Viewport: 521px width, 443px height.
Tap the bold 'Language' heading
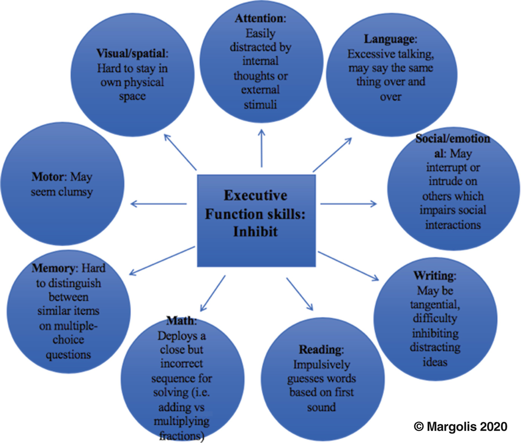(x=389, y=39)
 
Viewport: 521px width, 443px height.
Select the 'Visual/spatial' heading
(x=131, y=53)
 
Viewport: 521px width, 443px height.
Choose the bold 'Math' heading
(x=181, y=321)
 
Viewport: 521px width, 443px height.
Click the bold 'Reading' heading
(x=320, y=350)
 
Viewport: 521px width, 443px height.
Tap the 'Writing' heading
(x=434, y=276)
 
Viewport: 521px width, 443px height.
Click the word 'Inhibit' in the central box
(x=255, y=231)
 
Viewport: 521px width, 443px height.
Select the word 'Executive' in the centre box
(x=255, y=196)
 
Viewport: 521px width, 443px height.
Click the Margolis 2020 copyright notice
(x=460, y=426)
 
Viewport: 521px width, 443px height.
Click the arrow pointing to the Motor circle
(x=158, y=204)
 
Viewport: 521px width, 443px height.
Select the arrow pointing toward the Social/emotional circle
(x=348, y=204)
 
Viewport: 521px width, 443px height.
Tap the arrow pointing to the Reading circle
(x=300, y=294)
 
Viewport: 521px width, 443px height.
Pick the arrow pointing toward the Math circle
(x=213, y=293)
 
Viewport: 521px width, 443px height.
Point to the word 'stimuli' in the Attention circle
(x=260, y=104)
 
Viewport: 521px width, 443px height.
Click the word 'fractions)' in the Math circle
(x=181, y=436)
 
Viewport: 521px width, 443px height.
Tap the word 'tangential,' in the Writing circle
(x=435, y=304)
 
